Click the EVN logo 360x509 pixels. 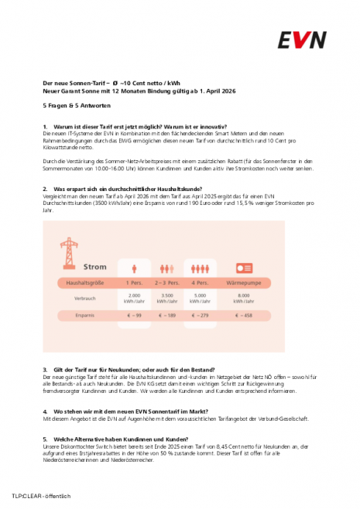[x=303, y=39]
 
